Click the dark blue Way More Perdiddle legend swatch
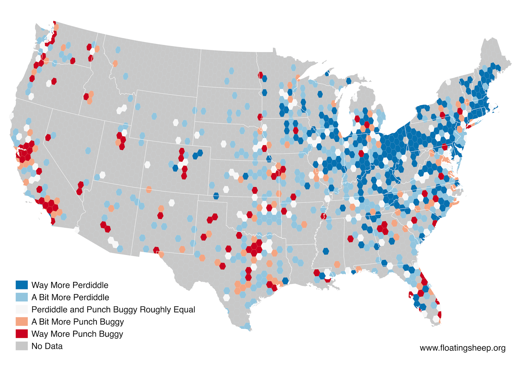click(x=22, y=285)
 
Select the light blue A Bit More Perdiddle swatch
click(x=22, y=297)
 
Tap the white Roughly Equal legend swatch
click(x=22, y=309)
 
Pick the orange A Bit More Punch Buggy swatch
click(x=22, y=322)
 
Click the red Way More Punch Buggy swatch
click(x=22, y=334)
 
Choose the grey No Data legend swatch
click(x=22, y=346)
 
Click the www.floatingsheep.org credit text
click(x=462, y=348)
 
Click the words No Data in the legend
click(x=47, y=346)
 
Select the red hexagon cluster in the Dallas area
click(x=255, y=248)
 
